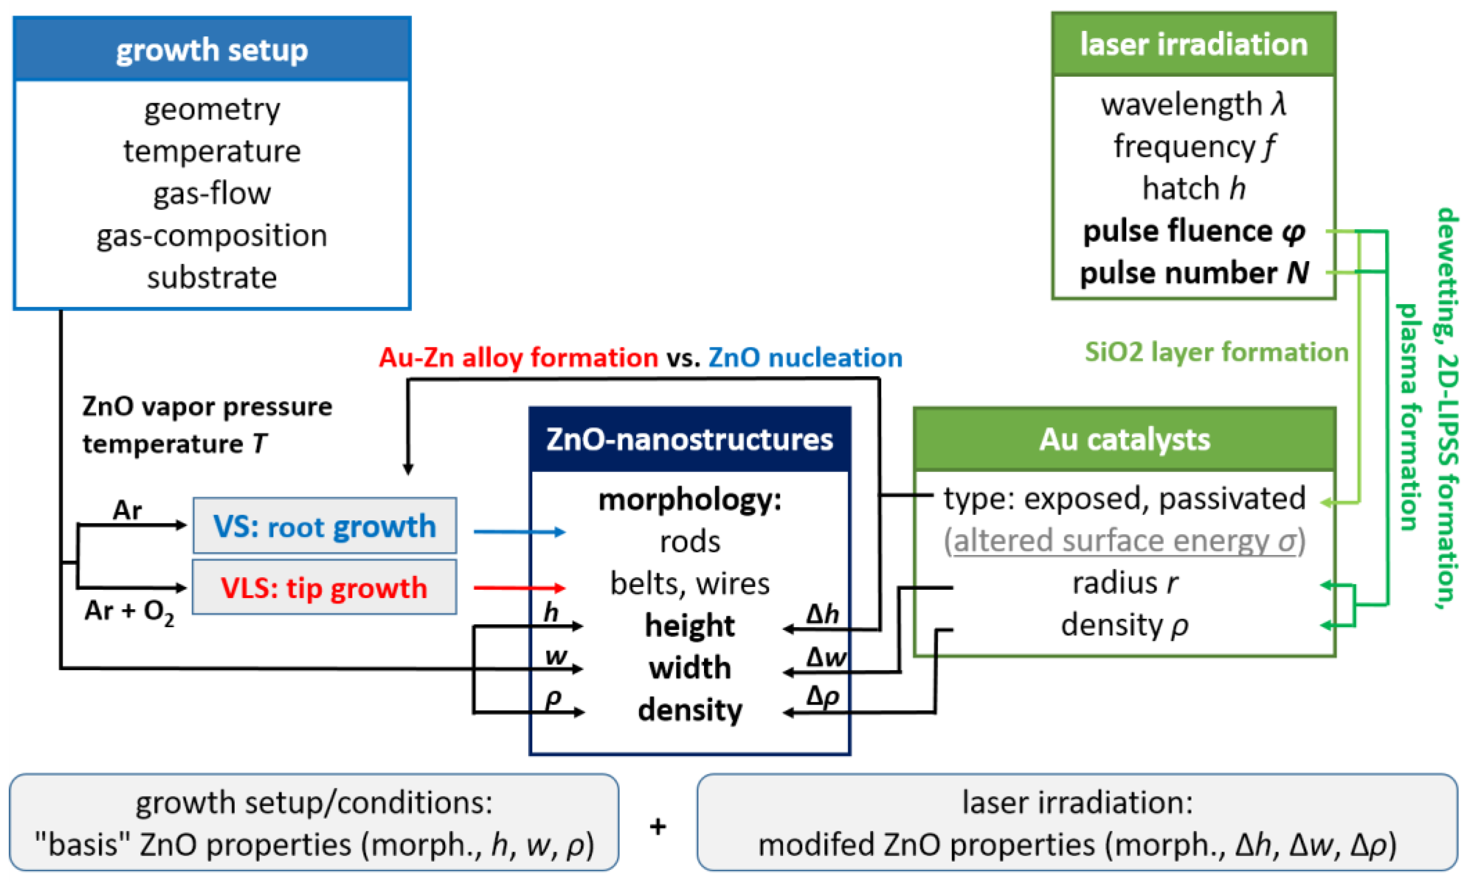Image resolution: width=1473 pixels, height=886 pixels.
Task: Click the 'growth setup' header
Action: (x=212, y=49)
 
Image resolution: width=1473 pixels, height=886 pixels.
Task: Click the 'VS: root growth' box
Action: (x=325, y=526)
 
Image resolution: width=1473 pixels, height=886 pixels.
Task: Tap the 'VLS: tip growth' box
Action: (x=324, y=587)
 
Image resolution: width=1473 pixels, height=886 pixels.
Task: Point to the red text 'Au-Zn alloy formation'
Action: (x=518, y=358)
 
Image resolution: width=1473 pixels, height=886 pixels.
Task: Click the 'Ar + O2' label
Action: (x=129, y=611)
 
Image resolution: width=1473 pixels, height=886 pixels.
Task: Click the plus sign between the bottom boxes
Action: (x=658, y=827)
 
